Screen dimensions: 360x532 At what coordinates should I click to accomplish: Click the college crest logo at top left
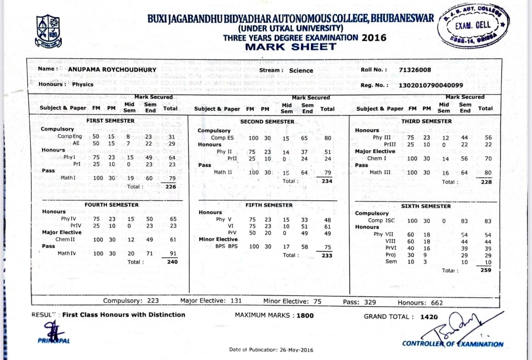point(48,31)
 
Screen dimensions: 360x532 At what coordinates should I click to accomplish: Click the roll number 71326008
point(415,70)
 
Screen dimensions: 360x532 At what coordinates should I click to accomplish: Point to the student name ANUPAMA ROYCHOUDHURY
point(112,70)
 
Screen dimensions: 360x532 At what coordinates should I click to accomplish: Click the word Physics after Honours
point(83,84)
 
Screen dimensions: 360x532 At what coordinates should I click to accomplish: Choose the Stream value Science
point(301,70)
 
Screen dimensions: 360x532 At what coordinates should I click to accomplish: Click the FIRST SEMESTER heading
point(110,121)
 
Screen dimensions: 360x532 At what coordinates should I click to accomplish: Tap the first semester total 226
point(171,187)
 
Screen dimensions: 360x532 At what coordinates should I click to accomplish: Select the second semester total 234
point(327,181)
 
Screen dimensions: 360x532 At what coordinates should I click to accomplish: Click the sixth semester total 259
point(486,270)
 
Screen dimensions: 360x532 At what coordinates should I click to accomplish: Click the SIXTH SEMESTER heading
point(426,206)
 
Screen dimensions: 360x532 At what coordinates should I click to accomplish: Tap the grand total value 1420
point(429,316)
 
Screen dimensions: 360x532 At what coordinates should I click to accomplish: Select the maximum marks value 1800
point(305,315)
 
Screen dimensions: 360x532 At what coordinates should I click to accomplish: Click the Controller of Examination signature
point(455,325)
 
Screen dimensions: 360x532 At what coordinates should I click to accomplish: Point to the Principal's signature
point(50,330)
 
